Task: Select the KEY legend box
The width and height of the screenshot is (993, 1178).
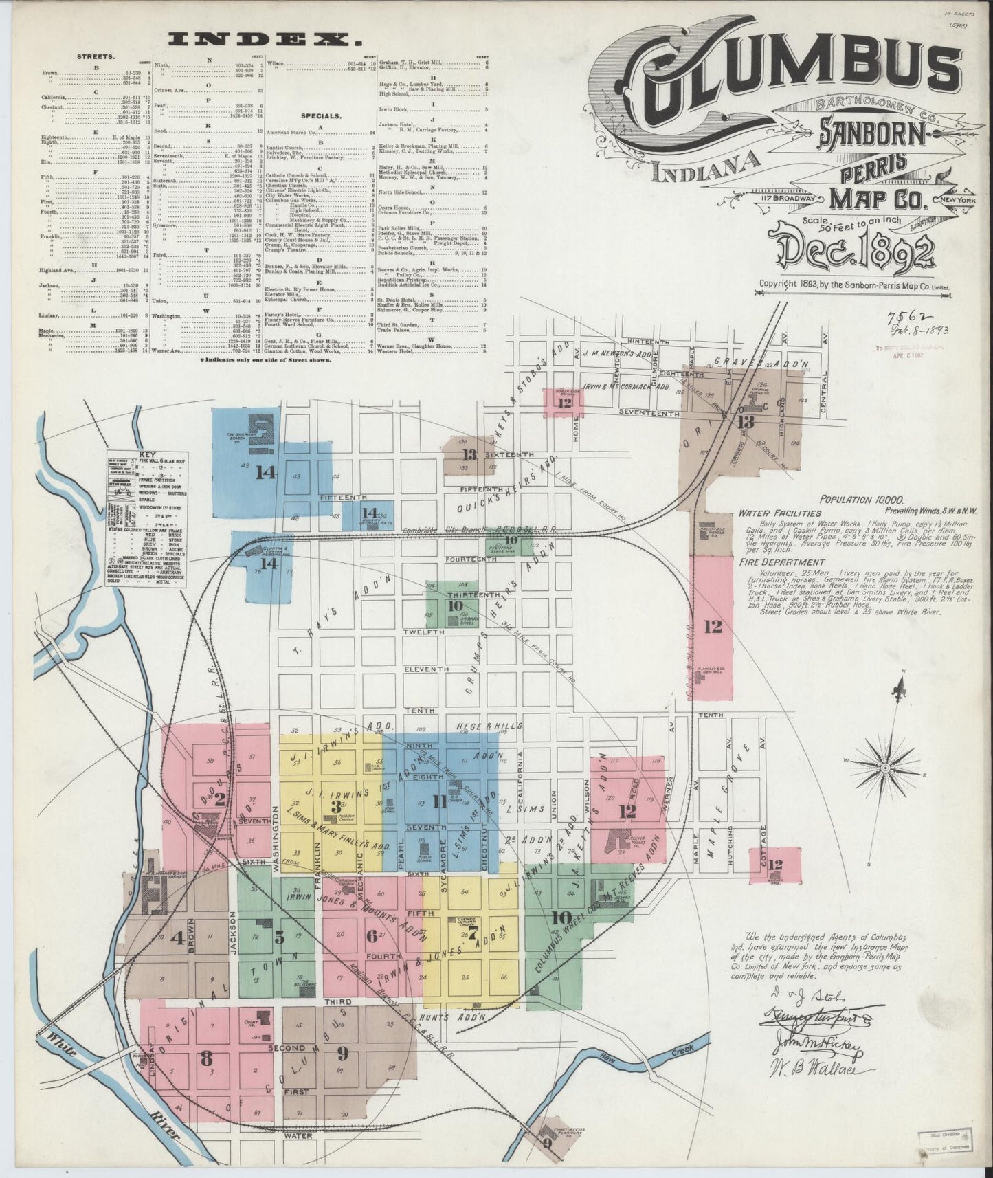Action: pyautogui.click(x=148, y=520)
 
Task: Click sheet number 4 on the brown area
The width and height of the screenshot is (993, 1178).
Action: pyautogui.click(x=177, y=937)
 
